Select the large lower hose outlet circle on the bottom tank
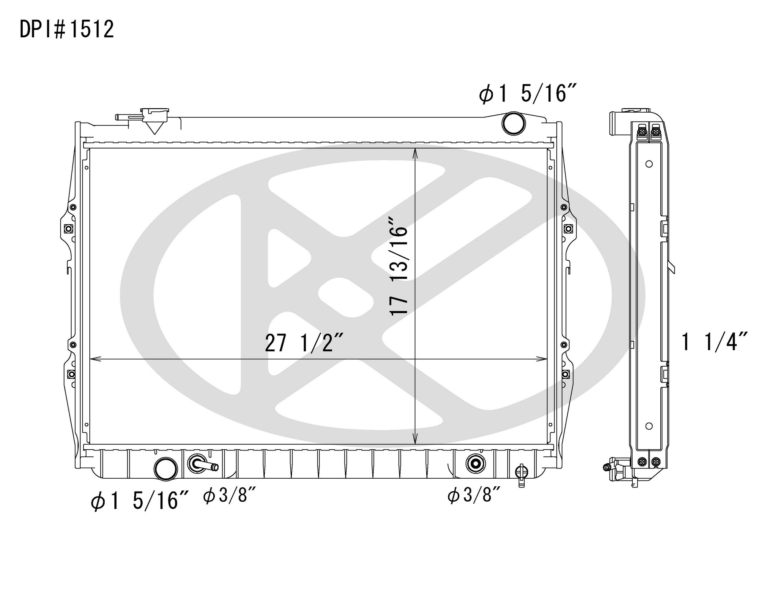pos(166,469)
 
